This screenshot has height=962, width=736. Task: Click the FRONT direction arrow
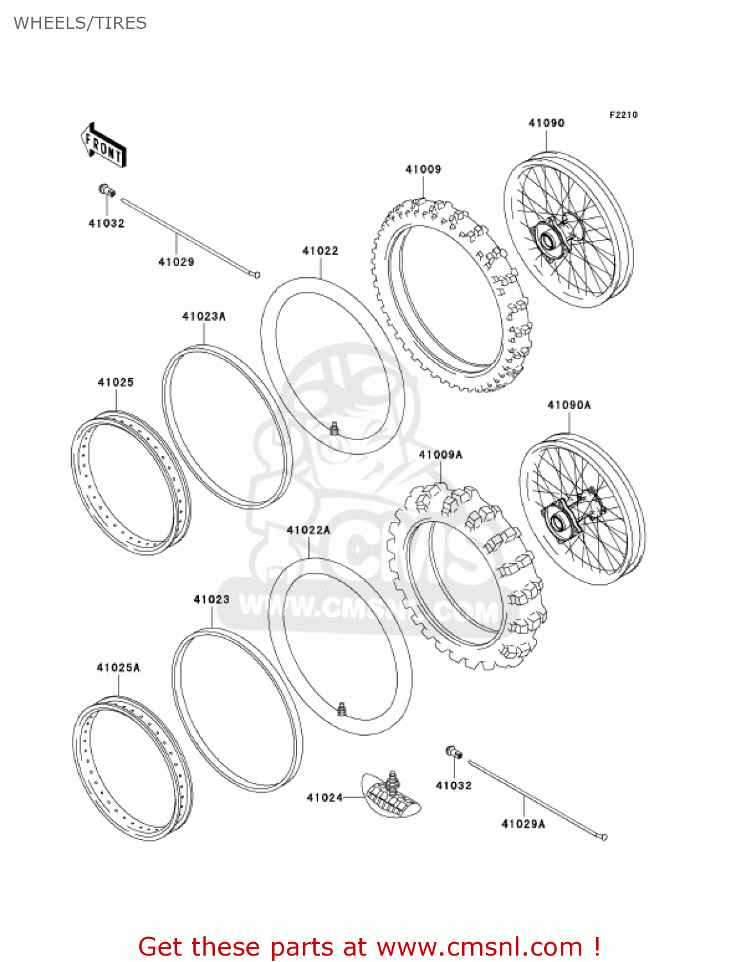(x=103, y=146)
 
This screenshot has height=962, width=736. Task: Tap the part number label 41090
(x=546, y=123)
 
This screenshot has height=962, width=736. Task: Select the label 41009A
(x=440, y=455)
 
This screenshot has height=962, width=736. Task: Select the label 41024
(x=325, y=798)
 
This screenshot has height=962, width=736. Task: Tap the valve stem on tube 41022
(x=334, y=428)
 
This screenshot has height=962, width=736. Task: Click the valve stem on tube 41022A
(x=342, y=709)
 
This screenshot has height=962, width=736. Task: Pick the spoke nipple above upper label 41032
(x=106, y=190)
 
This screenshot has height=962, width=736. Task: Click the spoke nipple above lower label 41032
(x=454, y=752)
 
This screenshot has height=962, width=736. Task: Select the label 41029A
(x=523, y=824)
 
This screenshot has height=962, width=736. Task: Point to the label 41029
(x=176, y=262)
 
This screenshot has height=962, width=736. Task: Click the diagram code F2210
(x=623, y=115)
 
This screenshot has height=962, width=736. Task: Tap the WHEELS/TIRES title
(x=80, y=23)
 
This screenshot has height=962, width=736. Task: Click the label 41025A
(x=118, y=668)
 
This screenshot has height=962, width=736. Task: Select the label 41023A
(x=203, y=316)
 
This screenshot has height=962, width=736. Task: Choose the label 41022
(x=320, y=251)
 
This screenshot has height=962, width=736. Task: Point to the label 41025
(x=116, y=382)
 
